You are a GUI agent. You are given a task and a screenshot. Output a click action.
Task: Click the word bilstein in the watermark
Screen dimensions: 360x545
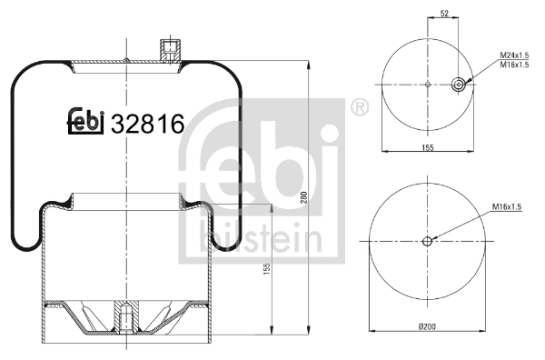[x=260, y=240]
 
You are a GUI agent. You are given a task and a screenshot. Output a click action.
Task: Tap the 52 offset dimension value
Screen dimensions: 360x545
[x=443, y=14]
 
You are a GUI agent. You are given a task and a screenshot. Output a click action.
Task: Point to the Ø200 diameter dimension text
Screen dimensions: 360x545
[x=427, y=325]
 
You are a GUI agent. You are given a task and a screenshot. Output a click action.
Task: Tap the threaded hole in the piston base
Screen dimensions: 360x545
[x=122, y=319]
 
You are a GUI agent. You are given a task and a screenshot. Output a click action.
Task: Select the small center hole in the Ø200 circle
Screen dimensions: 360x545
[x=428, y=241]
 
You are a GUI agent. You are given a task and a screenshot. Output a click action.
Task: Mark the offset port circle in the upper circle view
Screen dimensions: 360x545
[x=460, y=85]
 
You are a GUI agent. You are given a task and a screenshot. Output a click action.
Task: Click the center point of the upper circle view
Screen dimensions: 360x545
[x=428, y=85]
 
